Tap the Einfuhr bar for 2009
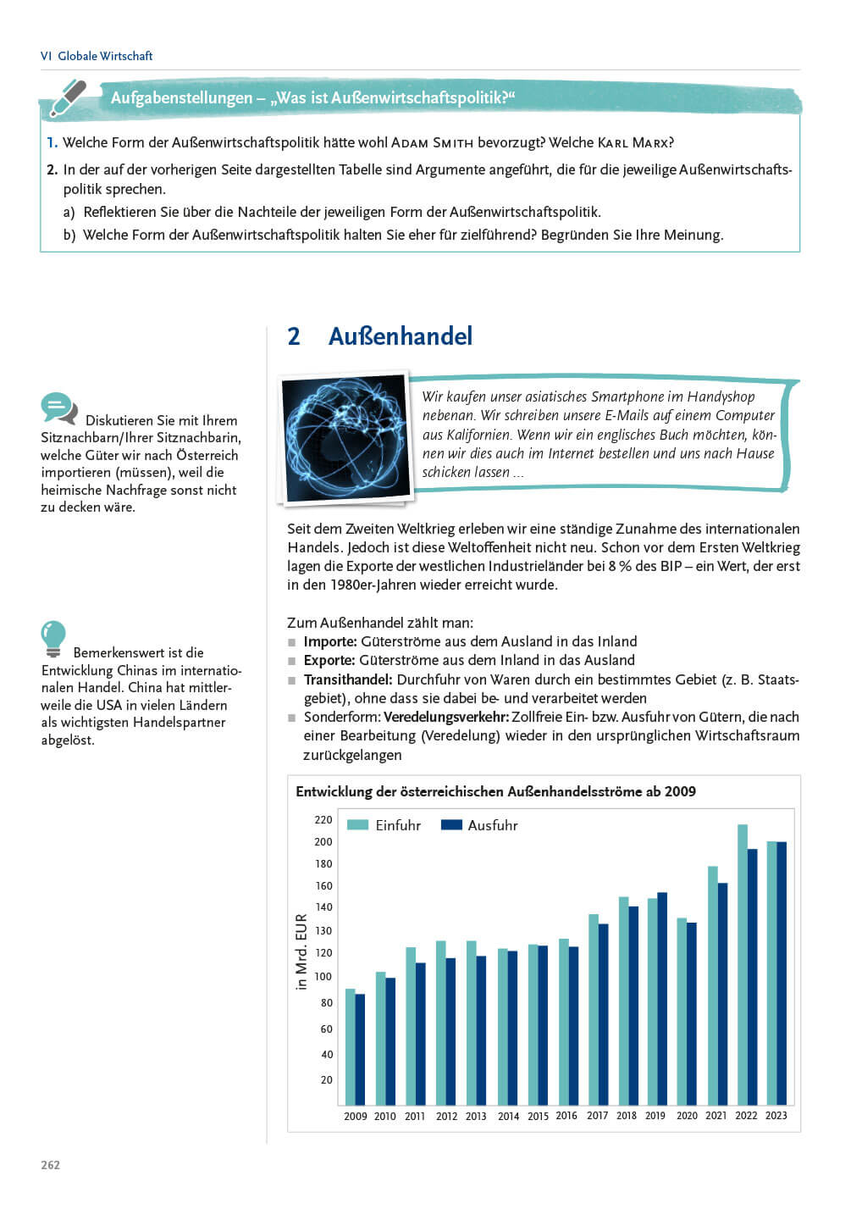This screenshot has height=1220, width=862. [x=350, y=1046]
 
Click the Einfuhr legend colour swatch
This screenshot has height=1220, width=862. [x=357, y=825]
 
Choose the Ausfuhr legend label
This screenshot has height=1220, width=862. [x=492, y=825]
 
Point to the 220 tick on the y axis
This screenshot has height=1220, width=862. [x=323, y=820]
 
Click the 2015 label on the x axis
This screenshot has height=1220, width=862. [x=538, y=1116]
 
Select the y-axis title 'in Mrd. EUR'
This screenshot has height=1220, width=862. [x=301, y=951]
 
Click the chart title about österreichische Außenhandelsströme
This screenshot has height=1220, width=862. [x=495, y=791]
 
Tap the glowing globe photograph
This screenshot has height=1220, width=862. [x=345, y=438]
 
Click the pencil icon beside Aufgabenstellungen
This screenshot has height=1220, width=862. [x=68, y=98]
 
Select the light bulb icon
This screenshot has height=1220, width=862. [x=53, y=639]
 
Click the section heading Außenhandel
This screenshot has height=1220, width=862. [x=400, y=336]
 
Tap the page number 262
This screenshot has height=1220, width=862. [x=51, y=1165]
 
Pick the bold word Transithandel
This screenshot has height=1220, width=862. [x=347, y=679]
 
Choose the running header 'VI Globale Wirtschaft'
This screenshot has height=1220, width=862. [x=97, y=56]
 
